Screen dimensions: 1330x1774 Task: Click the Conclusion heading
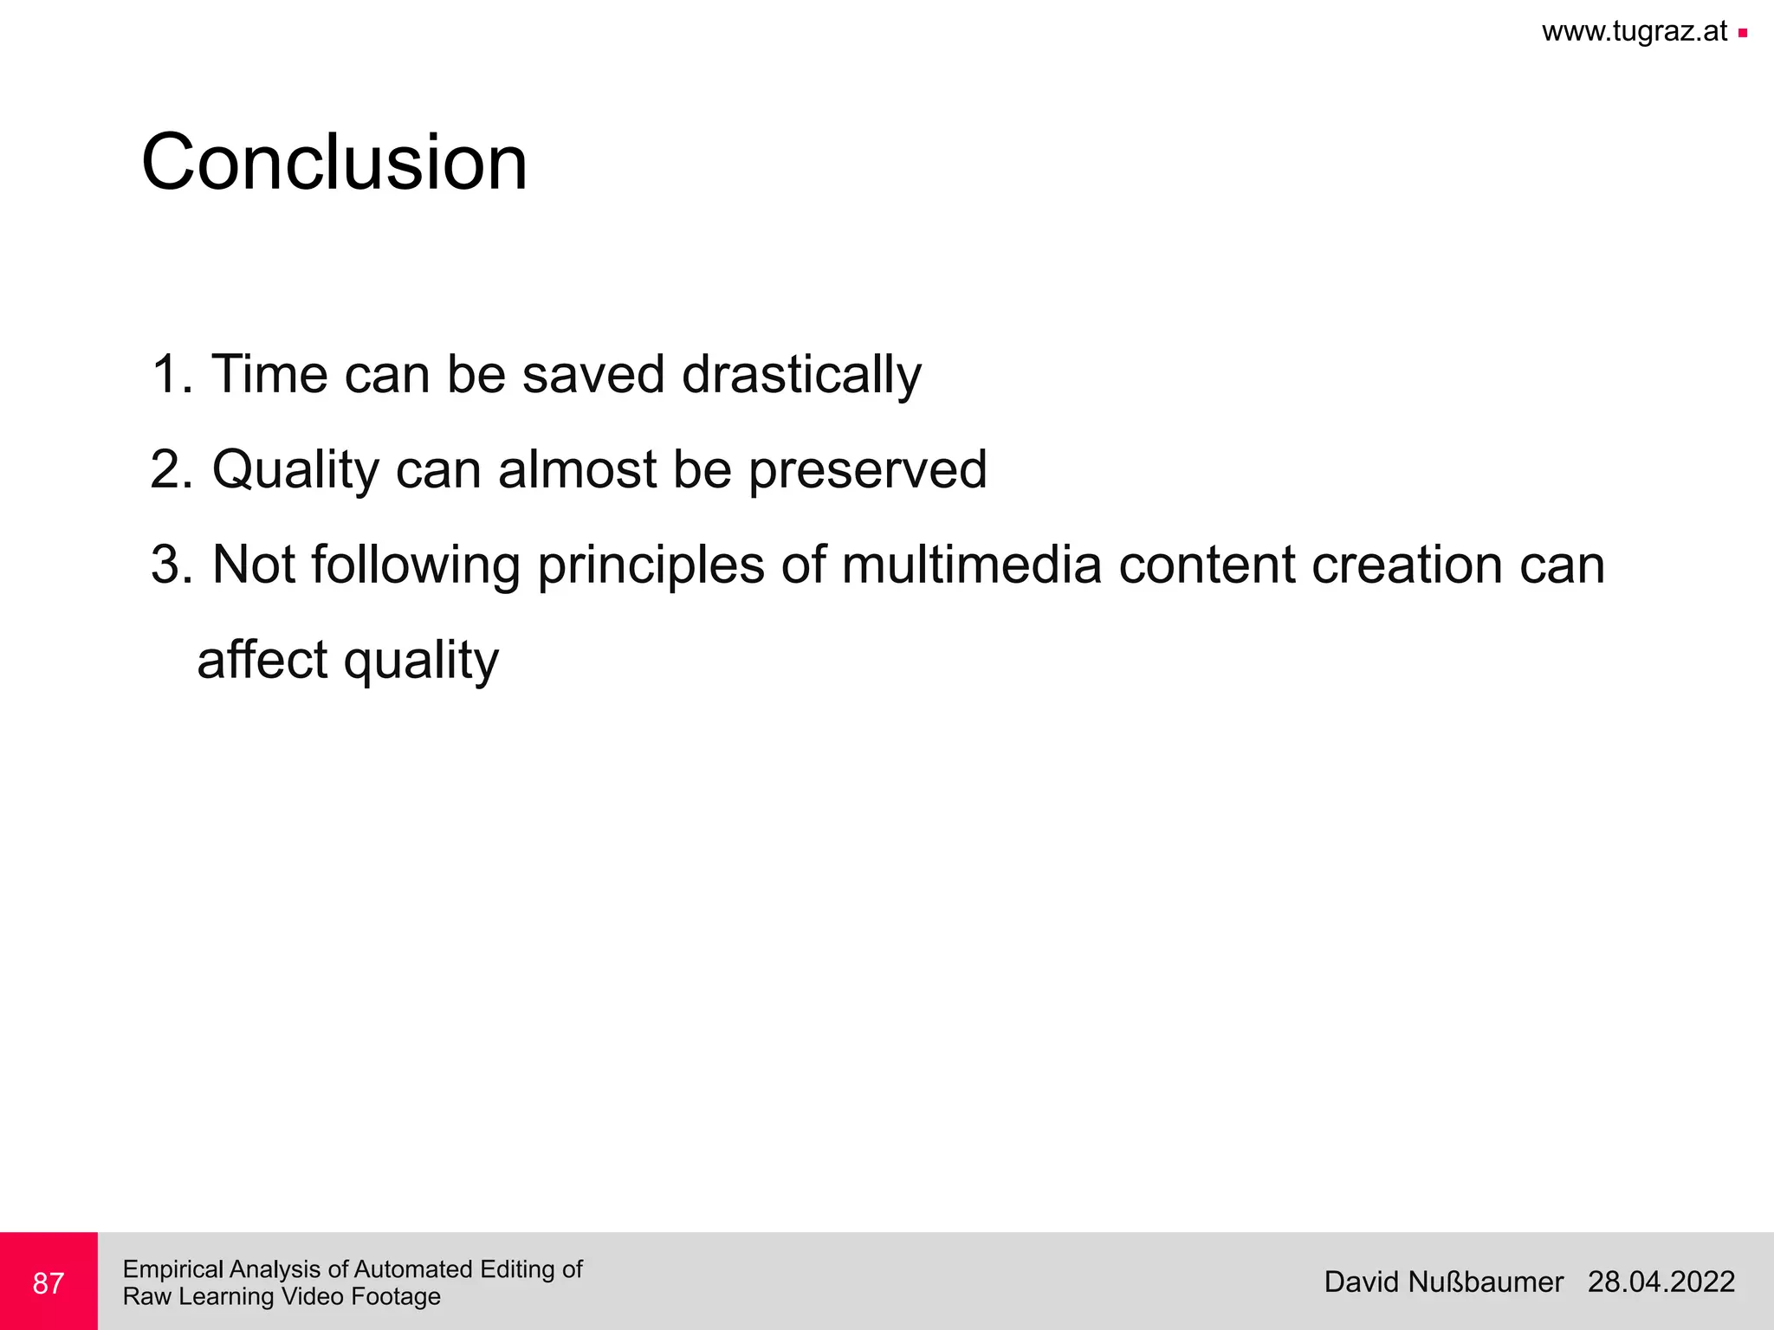[334, 163]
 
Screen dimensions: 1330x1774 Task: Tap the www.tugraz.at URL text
[1634, 32]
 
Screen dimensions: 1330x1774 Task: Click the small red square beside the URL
[1743, 34]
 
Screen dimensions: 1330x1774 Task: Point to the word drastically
[801, 375]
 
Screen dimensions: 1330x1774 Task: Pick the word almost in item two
[577, 469]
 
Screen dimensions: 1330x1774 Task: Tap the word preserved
[867, 469]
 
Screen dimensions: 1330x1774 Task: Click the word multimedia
[971, 565]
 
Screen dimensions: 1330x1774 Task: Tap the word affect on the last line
[262, 660]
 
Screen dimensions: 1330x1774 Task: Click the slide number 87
[49, 1283]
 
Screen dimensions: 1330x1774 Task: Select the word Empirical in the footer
[174, 1269]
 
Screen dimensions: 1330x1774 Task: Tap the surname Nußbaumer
[1486, 1282]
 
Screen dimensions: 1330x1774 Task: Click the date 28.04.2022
[1661, 1282]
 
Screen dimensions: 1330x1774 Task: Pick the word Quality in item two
[295, 469]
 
